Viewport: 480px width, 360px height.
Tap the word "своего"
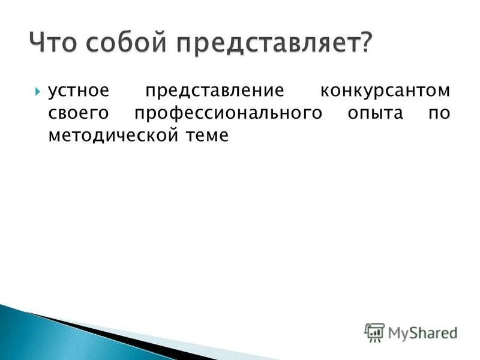(74, 114)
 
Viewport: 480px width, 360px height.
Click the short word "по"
(438, 114)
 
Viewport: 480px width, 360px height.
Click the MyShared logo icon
(374, 332)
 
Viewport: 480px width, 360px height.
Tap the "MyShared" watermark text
(422, 332)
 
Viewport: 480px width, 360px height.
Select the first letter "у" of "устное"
(52, 93)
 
